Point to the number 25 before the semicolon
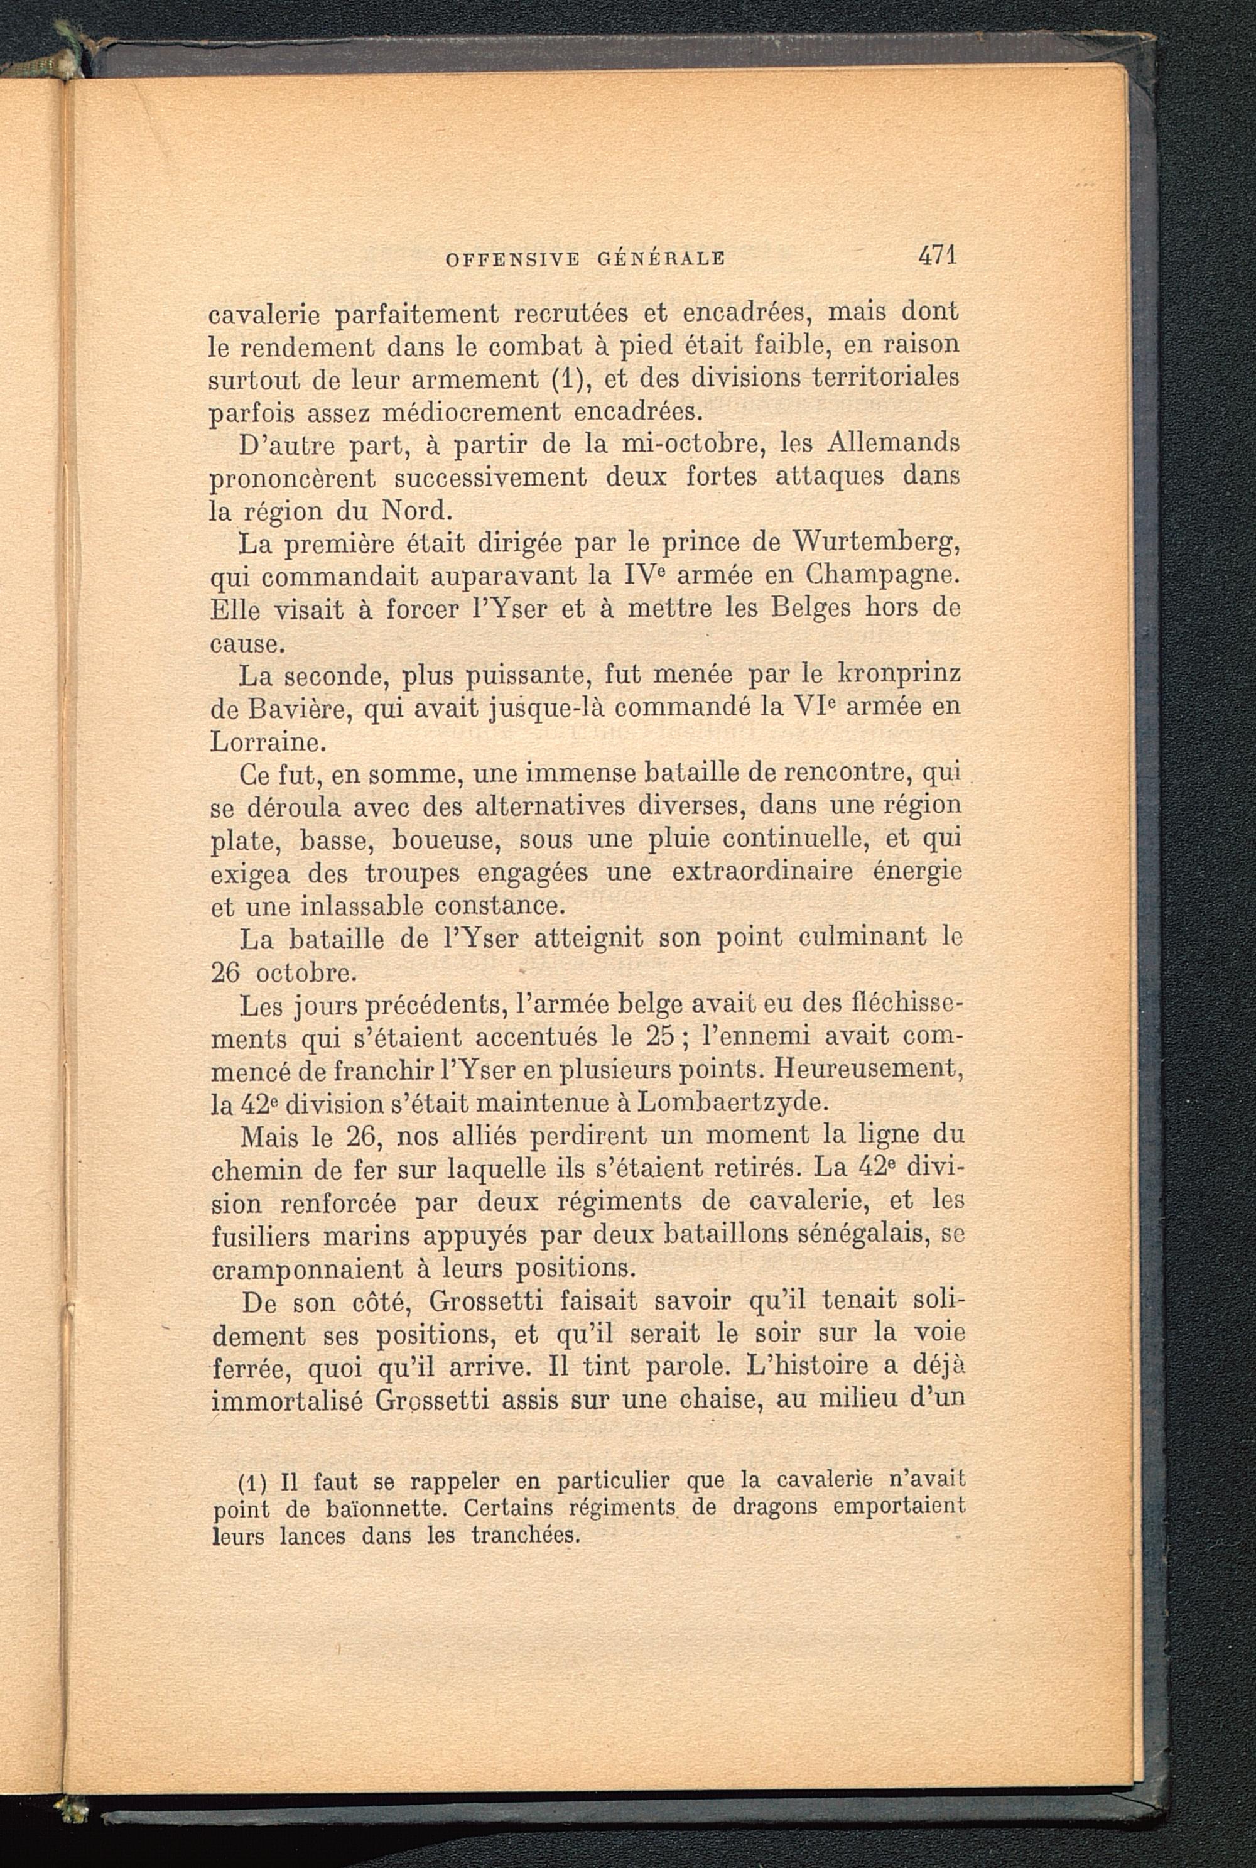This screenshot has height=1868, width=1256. pos(663,1036)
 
